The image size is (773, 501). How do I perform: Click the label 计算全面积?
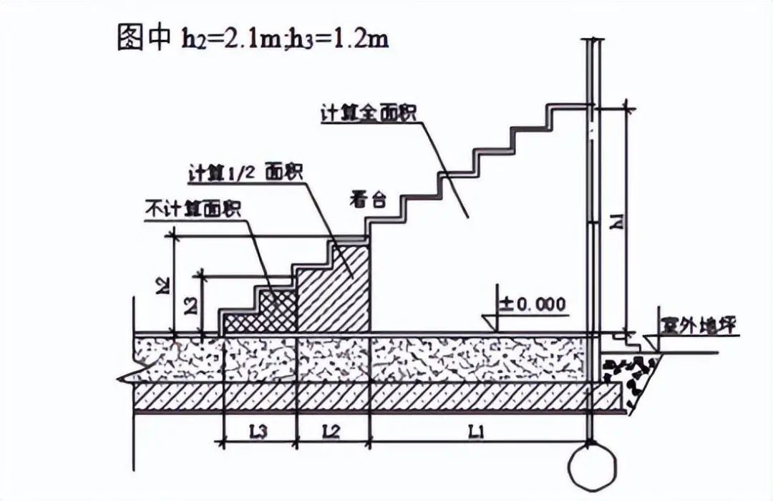pos(370,114)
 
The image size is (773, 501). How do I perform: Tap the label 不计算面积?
pos(193,209)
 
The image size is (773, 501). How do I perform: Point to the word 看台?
pos(369,200)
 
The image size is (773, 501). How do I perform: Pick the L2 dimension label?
pos(331,432)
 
